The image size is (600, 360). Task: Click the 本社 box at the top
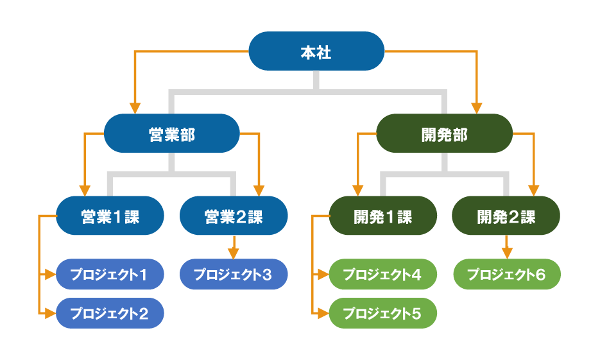coord(316,51)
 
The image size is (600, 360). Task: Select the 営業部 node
coord(171,133)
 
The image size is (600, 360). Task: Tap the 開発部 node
coord(444,133)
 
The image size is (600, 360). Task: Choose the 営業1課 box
coord(110,216)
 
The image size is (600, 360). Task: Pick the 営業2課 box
coord(234,216)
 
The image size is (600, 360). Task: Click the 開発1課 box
coord(382,216)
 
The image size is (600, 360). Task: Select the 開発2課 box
coord(506,216)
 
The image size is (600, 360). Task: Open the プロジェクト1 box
coord(110,275)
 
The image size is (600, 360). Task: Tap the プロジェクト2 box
coord(110,314)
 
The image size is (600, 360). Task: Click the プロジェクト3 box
coord(234,275)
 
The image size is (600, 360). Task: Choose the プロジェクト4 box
coord(382,275)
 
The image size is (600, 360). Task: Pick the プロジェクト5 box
coord(382,314)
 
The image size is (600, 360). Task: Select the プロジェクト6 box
coord(506,275)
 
